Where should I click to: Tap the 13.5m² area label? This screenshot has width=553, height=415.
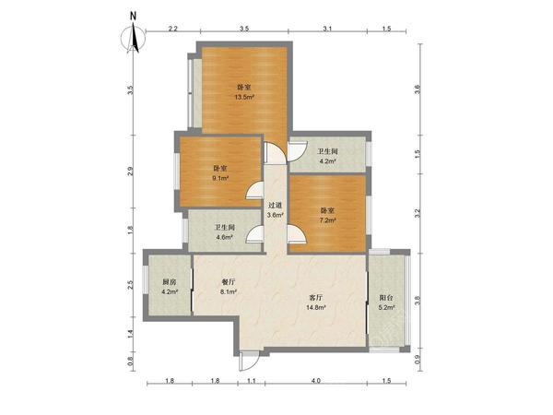pyautogui.click(x=245, y=97)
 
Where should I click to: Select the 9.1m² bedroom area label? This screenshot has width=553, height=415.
pyautogui.click(x=220, y=178)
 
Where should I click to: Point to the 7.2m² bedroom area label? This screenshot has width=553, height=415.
pyautogui.click(x=327, y=220)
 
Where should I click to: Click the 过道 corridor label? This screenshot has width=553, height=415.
pyautogui.click(x=275, y=205)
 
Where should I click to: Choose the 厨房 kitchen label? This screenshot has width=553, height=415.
pyautogui.click(x=169, y=282)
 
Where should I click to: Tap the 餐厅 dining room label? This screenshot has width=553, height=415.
pyautogui.click(x=229, y=282)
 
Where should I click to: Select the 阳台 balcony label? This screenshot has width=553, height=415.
pyautogui.click(x=386, y=298)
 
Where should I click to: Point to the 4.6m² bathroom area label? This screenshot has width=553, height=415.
pyautogui.click(x=225, y=237)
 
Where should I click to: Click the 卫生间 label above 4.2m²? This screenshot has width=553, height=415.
pyautogui.click(x=327, y=151)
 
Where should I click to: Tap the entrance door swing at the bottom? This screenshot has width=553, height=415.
pyautogui.click(x=250, y=362)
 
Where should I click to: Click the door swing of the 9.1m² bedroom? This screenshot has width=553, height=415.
pyautogui.click(x=254, y=191)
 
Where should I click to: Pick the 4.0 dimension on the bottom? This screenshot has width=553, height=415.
pyautogui.click(x=316, y=380)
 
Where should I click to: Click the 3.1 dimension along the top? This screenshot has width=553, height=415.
pyautogui.click(x=327, y=29)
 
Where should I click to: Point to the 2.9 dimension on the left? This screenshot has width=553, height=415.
pyautogui.click(x=131, y=172)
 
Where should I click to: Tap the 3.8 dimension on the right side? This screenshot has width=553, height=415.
pyautogui.click(x=418, y=301)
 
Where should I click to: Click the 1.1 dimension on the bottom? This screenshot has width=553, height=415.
pyautogui.click(x=251, y=380)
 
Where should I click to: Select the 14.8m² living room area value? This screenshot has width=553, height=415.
pyautogui.click(x=315, y=307)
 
